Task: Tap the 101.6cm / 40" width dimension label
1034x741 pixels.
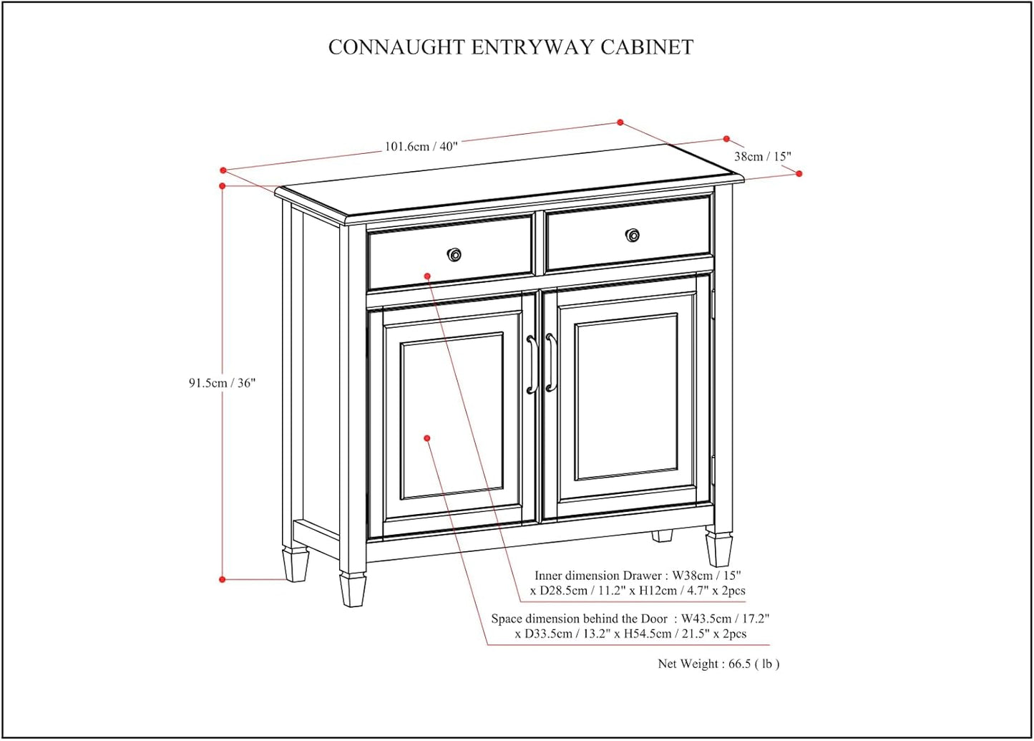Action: coord(421,146)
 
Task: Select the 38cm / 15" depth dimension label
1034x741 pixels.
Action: coord(762,156)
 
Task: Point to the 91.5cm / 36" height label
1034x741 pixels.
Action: coord(222,383)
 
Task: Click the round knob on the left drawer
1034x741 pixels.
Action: coord(454,254)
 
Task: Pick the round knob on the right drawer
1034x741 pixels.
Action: coord(633,235)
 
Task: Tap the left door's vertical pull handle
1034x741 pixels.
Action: coord(531,365)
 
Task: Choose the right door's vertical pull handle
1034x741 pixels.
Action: coord(550,362)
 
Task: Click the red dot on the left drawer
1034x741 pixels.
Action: coord(427,276)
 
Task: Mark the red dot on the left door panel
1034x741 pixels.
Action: coord(427,438)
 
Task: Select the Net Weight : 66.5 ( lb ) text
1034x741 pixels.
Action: coord(718,664)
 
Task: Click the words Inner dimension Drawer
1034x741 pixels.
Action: coord(598,576)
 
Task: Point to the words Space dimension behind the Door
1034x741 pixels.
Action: coord(579,619)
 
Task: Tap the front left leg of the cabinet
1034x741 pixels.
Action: coord(353,589)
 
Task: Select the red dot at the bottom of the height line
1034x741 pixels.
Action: coord(223,579)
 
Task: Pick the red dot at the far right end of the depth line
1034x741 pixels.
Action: coord(799,174)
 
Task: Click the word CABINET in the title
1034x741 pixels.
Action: coord(647,47)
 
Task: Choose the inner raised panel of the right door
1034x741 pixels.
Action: coord(626,397)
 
